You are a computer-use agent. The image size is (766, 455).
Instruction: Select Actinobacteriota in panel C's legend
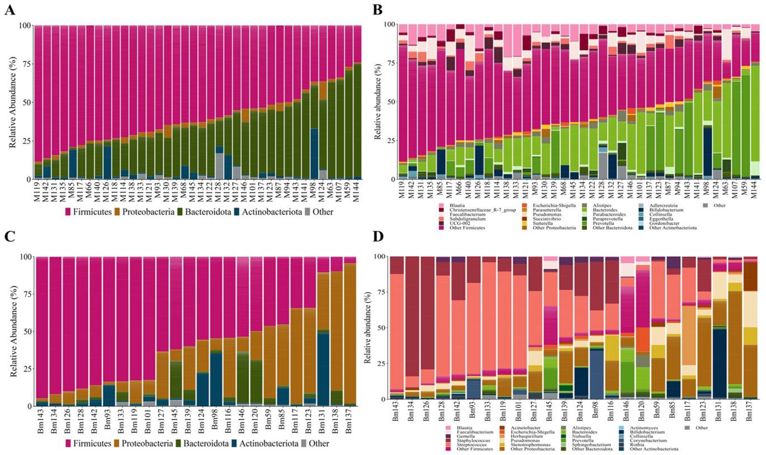pyautogui.click(x=265, y=443)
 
